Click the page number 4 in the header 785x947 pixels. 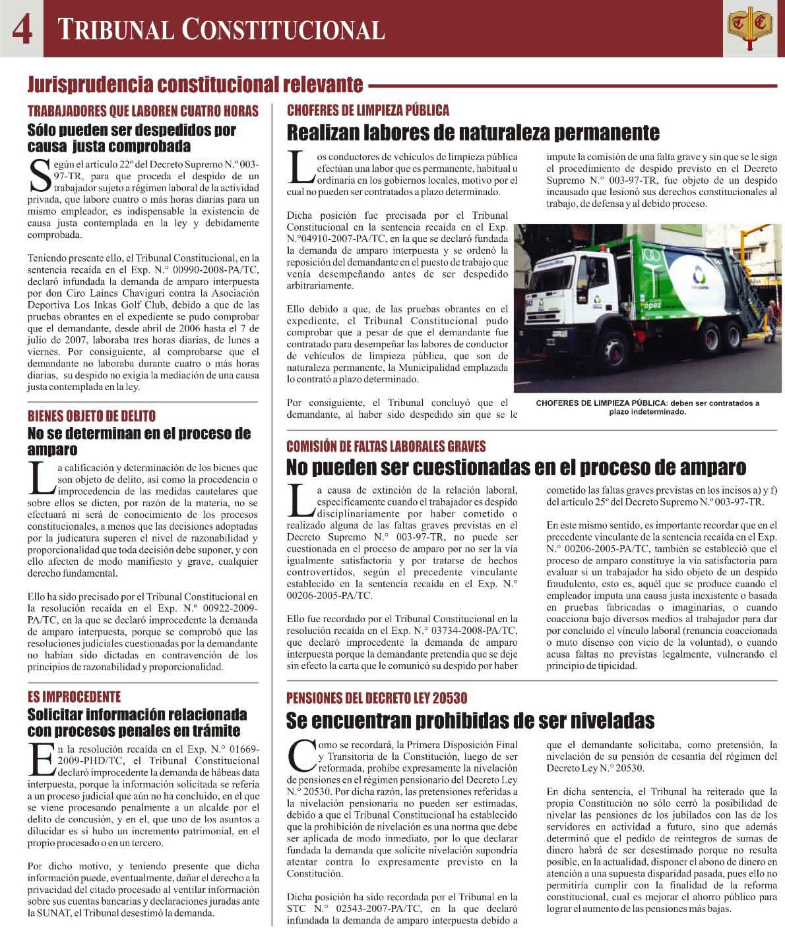(x=21, y=30)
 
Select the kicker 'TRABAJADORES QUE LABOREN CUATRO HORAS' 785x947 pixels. (x=142, y=111)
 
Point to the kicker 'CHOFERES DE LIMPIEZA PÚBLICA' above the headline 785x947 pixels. (x=367, y=110)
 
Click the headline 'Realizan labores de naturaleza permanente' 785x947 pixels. (x=472, y=133)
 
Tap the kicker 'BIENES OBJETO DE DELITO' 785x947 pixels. (x=92, y=416)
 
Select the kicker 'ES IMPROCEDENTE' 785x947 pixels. (x=74, y=697)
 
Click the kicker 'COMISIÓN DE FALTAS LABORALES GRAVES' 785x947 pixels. (x=385, y=447)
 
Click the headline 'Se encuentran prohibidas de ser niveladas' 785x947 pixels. (x=470, y=720)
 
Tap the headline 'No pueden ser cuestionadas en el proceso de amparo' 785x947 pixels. (x=516, y=468)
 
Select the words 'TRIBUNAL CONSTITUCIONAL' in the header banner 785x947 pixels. (x=220, y=30)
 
